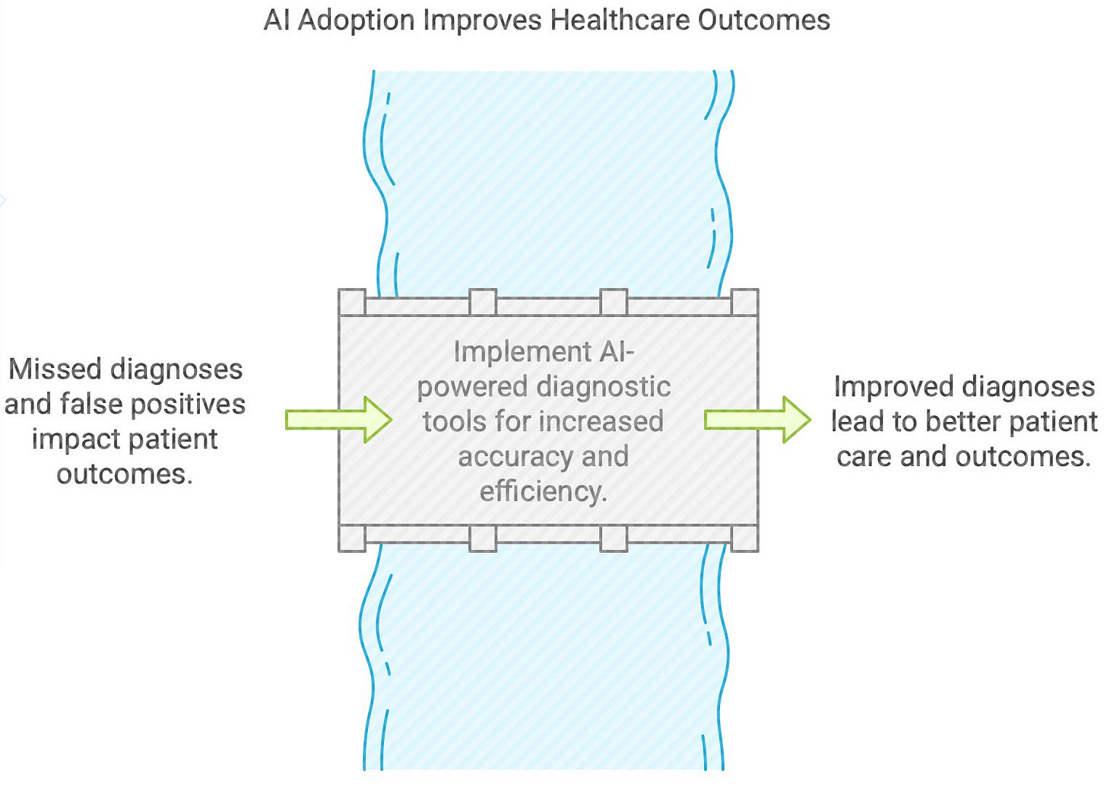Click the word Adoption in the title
pos(356,21)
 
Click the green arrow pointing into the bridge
pos(338,419)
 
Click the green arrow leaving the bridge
pos(757,419)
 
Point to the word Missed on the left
pos(55,370)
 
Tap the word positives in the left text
pos(188,405)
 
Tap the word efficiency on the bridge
pos(543,492)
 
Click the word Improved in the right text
pos(883,387)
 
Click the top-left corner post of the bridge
pos(351,302)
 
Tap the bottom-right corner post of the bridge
pos(744,538)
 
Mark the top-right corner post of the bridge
pos(744,302)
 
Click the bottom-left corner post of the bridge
pos(351,538)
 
